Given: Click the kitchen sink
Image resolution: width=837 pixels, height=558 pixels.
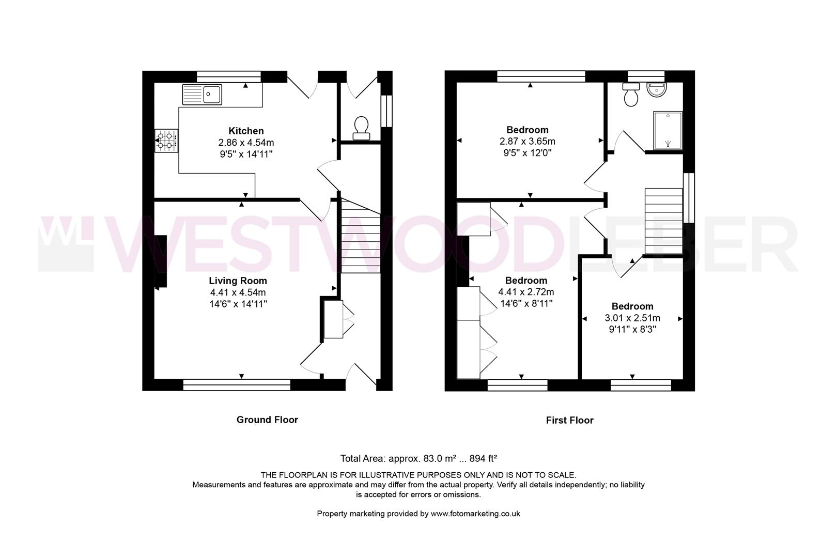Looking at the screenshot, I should (202, 95).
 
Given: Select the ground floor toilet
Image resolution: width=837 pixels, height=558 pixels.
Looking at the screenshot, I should (361, 128).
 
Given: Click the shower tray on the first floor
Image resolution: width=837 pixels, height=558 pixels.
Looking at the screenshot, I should (668, 130).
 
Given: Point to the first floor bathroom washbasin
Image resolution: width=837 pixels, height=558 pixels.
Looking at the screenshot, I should (657, 89).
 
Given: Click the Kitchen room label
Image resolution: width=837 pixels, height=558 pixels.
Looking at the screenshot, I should (246, 131).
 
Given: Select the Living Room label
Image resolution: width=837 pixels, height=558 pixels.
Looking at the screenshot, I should (238, 281).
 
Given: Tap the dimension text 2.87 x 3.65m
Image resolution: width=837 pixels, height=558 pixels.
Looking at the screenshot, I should (527, 141).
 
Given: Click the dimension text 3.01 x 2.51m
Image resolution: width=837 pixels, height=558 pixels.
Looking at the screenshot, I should (632, 318).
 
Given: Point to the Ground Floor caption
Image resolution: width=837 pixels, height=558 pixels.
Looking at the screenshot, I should (267, 420).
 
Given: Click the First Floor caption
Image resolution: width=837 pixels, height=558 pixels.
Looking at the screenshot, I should (569, 420).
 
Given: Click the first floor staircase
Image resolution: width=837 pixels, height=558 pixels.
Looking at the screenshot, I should (664, 221).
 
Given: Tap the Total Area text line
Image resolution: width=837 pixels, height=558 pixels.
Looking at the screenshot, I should (419, 458).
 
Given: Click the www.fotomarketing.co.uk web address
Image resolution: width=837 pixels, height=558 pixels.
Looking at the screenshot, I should (475, 514).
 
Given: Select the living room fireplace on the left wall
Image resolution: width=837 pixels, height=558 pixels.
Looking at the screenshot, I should (161, 261).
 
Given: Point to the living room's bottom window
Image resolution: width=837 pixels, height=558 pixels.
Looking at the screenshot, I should (237, 384).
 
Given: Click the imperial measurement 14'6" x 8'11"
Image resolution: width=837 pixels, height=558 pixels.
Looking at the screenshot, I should (526, 303).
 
